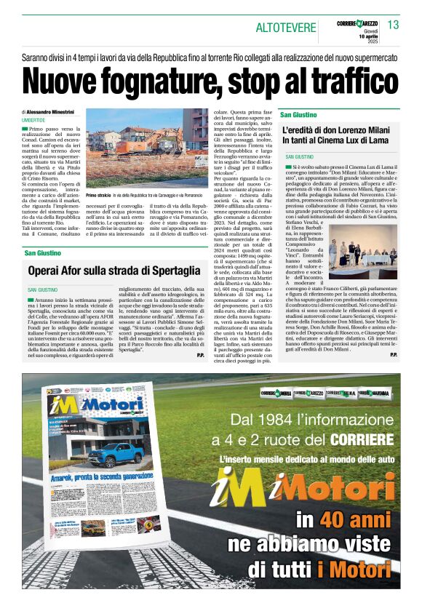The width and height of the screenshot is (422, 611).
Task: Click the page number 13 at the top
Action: pyautogui.click(x=394, y=25)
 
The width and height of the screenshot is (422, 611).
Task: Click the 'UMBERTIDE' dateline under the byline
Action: pyautogui.click(x=33, y=120)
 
